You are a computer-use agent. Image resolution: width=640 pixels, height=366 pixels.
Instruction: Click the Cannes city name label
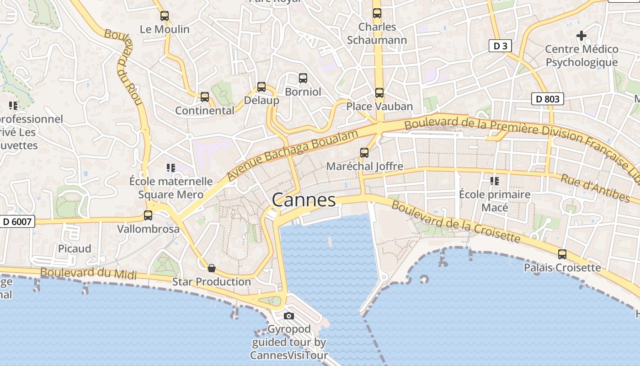point(304,200)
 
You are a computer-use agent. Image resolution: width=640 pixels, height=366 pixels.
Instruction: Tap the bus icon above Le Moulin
point(165,16)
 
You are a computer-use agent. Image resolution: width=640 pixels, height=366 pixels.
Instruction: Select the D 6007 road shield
point(17,222)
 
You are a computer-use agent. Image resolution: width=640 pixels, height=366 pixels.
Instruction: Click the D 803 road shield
point(547,98)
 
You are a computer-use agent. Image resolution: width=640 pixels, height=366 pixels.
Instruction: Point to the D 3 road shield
point(500,46)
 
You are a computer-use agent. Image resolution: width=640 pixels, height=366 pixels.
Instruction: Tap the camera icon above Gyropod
point(288,316)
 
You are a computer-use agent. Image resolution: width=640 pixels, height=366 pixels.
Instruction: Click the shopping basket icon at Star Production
point(211,268)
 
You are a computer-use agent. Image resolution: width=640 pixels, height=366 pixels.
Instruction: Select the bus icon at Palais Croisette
point(562,254)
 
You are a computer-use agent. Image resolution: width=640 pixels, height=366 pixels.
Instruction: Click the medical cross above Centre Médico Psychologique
point(581,35)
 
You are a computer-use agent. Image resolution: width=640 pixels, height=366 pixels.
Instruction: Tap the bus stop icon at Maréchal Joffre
point(364,152)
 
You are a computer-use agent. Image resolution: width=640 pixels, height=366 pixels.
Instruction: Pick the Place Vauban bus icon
point(379,93)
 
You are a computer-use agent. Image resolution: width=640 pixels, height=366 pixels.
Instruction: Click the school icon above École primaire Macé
point(494,181)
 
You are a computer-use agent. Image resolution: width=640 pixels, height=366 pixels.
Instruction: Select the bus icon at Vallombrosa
point(148,215)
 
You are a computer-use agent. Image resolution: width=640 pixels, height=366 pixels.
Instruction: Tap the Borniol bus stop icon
point(303,78)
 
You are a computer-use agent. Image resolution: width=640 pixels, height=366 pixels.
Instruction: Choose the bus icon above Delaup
point(261,86)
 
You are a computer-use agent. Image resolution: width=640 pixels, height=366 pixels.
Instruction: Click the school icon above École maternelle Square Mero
point(171,168)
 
